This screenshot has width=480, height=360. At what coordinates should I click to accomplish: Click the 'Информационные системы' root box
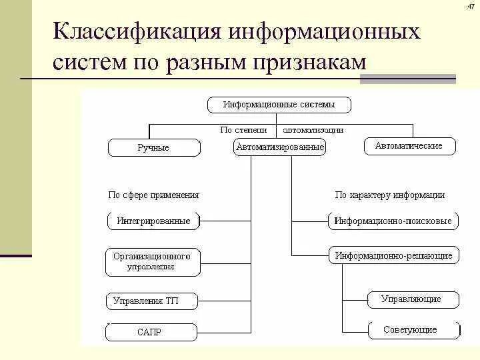(279, 105)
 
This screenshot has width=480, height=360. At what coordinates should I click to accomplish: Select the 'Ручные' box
(153, 148)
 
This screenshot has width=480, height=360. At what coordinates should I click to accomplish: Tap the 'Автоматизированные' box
(280, 147)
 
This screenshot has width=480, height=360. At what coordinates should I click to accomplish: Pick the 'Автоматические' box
(409, 146)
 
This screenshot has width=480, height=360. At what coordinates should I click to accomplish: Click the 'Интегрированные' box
(153, 221)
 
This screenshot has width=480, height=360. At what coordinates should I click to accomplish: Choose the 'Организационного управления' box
(152, 261)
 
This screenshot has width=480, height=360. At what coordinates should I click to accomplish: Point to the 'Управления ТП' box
(151, 301)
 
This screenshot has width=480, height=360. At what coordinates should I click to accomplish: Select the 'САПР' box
(151, 332)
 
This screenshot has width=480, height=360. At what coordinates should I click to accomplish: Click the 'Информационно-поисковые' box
(393, 221)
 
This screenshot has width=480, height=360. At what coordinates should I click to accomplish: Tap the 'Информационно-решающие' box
(393, 255)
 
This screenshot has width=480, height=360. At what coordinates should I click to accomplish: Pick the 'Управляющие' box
(413, 299)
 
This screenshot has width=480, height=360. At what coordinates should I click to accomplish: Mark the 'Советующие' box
(413, 329)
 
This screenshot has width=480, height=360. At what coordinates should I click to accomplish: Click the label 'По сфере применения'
(153, 195)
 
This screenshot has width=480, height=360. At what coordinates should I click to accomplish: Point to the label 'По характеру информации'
(389, 195)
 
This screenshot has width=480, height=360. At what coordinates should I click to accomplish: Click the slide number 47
(469, 7)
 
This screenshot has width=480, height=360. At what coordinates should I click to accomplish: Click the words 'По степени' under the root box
(243, 130)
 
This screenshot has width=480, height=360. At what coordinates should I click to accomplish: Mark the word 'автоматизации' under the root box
(313, 130)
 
